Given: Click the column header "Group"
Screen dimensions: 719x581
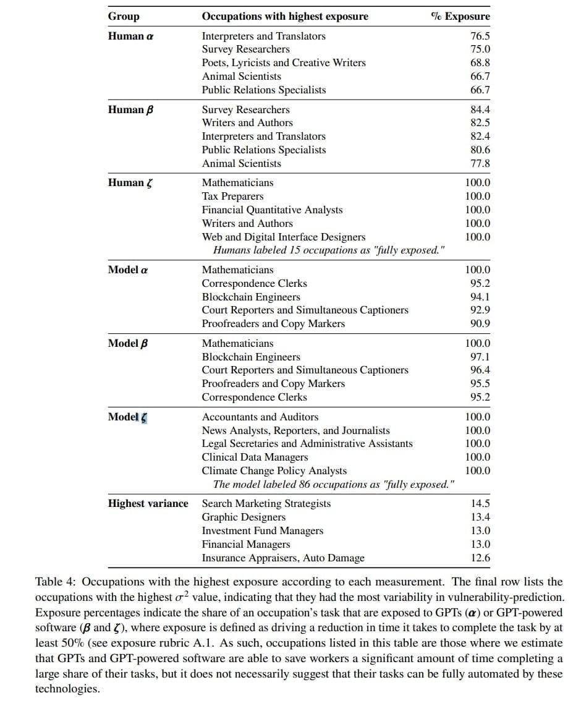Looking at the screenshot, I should [x=124, y=17].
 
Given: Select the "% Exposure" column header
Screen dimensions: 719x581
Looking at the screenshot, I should [x=460, y=17].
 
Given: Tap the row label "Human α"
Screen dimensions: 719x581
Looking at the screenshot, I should [x=130, y=36].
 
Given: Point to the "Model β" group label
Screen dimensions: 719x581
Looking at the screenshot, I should [x=129, y=344].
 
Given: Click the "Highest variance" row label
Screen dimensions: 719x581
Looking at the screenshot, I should [x=148, y=504].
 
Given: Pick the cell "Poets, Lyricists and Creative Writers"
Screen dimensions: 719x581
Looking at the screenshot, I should [x=284, y=63].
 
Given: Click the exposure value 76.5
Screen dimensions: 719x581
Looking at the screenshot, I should [x=480, y=36].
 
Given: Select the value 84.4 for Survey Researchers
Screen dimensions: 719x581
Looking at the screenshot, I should [x=480, y=110].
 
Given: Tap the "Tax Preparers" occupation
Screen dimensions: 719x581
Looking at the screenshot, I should [x=232, y=197].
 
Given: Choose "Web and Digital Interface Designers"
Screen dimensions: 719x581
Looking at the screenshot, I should [x=284, y=237].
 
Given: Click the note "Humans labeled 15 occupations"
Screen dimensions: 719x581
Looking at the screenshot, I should [x=328, y=250].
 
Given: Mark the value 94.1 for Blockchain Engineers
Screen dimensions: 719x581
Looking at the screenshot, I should [x=480, y=297].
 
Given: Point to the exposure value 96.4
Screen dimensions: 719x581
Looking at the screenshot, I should [x=480, y=370].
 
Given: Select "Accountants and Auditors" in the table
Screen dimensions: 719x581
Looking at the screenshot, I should [x=260, y=417].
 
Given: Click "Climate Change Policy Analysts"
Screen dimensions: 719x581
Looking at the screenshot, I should [x=274, y=471].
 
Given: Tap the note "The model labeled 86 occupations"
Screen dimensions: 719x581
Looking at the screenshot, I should [x=334, y=484].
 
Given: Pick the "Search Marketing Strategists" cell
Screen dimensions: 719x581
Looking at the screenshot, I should [x=266, y=504].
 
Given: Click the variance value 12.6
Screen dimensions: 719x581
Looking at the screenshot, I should [x=480, y=558].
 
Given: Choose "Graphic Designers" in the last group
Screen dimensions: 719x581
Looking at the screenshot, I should [x=244, y=517].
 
